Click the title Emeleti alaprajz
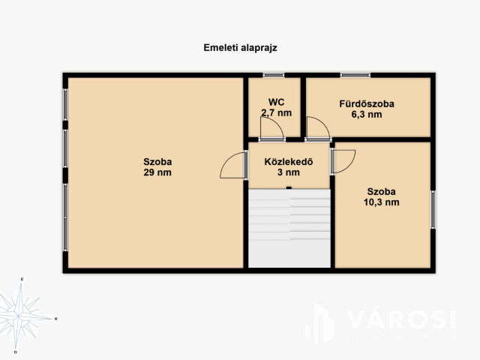pyautogui.click(x=240, y=48)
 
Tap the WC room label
pyautogui.click(x=276, y=102)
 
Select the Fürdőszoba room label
pyautogui.click(x=367, y=103)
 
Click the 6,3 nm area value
pyautogui.click(x=367, y=115)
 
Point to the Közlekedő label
pyautogui.click(x=289, y=161)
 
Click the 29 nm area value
pyautogui.click(x=157, y=172)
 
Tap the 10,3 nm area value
pyautogui.click(x=381, y=202)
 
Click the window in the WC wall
pyautogui.click(x=273, y=75)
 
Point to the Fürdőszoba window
pyautogui.click(x=355, y=75)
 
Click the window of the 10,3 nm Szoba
pyautogui.click(x=433, y=209)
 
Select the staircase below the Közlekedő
pyautogui.click(x=289, y=228)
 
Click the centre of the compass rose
pyautogui.click(x=18, y=316)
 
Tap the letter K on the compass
pyautogui.click(x=56, y=319)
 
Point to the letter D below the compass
pyautogui.click(x=15, y=352)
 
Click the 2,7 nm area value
pyautogui.click(x=276, y=113)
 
